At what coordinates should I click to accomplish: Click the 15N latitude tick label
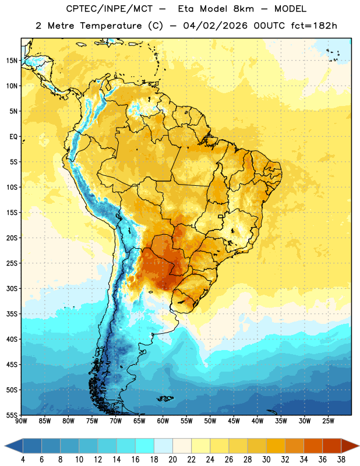point(12,61)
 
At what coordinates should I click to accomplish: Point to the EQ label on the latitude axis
point(13,137)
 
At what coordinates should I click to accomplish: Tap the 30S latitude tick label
point(12,288)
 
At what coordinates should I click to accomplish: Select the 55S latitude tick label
point(12,415)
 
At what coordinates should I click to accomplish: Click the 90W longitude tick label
point(21,421)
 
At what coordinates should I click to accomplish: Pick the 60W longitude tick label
point(163,421)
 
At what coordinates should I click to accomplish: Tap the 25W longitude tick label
point(328,421)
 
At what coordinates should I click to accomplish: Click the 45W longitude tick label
point(234,421)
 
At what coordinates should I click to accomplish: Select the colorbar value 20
point(172,460)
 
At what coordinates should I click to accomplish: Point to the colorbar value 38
point(341,460)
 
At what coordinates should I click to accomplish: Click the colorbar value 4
point(23,460)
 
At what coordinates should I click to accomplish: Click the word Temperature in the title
point(111,26)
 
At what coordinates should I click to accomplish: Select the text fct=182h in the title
point(314,26)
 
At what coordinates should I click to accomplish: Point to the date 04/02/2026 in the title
point(215,26)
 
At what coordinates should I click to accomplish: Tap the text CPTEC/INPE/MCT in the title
point(110,9)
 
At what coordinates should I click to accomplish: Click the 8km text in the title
point(243,9)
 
